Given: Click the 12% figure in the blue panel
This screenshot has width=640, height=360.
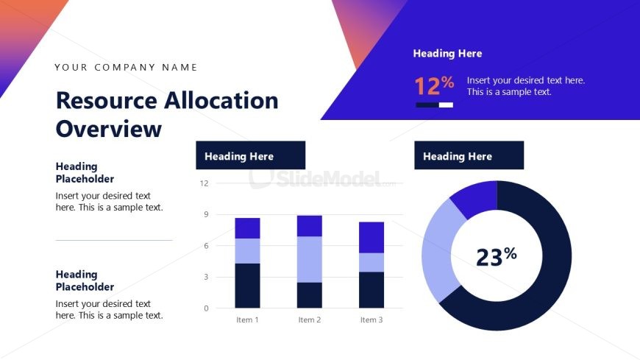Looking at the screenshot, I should point(434,86).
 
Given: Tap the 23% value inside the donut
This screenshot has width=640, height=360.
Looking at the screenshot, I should point(496,256).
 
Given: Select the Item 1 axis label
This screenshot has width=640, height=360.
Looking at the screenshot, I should point(247,320).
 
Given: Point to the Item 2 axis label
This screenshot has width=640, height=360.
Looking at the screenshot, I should point(310,320).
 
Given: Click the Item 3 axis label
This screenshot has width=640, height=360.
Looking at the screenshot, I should point(371,320).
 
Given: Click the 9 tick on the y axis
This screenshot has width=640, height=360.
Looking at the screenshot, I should point(206,215).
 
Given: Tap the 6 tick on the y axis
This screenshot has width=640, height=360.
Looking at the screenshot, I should point(206,246).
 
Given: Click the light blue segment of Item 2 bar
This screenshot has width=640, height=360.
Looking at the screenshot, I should point(310,259).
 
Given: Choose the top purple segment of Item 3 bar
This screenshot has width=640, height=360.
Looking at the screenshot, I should point(371,237).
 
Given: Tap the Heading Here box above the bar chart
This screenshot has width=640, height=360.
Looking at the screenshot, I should point(250,155).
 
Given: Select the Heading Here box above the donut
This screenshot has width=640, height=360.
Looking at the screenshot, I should point(469,155).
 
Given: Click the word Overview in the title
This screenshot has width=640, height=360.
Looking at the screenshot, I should point(109,129).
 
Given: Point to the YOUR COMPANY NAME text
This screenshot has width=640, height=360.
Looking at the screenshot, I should point(126,68).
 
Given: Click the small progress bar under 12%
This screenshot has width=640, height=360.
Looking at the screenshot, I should point(434,105).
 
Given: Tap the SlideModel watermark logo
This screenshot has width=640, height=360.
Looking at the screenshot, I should point(324,178).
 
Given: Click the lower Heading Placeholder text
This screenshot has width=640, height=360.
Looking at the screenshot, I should point(85,280).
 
